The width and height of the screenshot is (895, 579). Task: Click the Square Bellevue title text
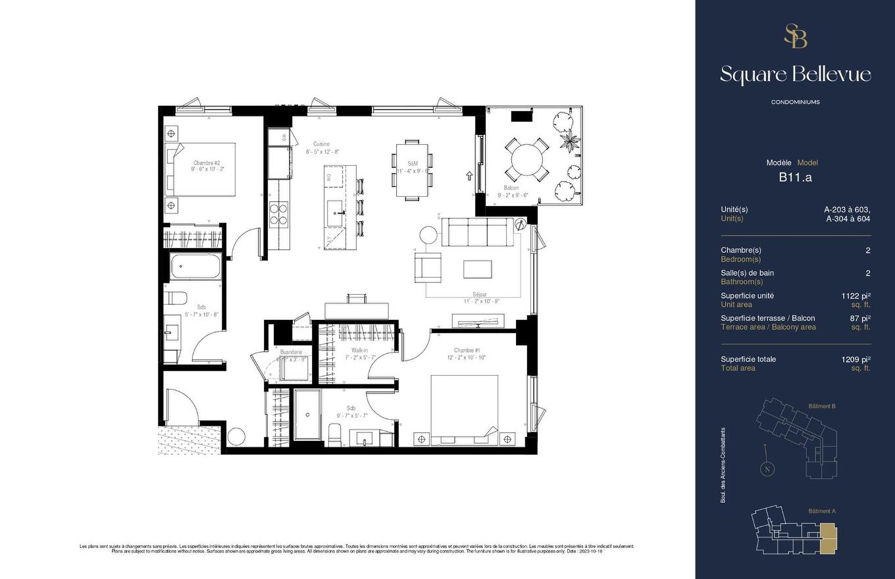point(795,74)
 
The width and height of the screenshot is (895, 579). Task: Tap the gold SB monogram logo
point(795,36)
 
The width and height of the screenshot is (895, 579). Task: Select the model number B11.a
point(795,177)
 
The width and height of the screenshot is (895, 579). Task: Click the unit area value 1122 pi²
point(856,296)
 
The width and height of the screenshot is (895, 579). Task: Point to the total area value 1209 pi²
point(856,359)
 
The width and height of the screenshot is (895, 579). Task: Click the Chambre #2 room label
point(207,163)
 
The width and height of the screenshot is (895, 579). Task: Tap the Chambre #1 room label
point(467,350)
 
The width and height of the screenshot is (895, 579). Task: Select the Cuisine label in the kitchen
point(321,143)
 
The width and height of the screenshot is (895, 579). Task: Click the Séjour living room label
point(479,295)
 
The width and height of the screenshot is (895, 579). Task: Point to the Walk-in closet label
point(359,351)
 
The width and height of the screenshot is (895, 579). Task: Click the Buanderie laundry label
point(291,352)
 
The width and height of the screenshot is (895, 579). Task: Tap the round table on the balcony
point(529,160)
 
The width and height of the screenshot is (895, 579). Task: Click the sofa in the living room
point(474,232)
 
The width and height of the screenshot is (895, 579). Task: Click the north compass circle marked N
point(766,469)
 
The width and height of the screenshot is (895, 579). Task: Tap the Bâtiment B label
point(821,407)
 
